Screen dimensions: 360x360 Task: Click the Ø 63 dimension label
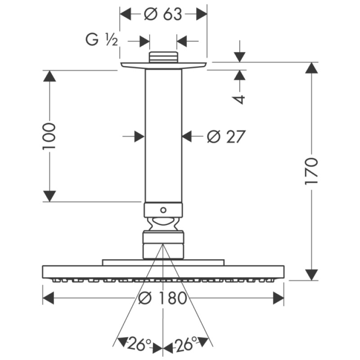click(x=163, y=14)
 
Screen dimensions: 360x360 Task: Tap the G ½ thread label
click(x=102, y=41)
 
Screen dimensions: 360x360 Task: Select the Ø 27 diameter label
click(x=226, y=136)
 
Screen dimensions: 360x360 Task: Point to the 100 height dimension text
click(x=49, y=136)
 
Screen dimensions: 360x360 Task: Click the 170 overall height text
click(x=311, y=171)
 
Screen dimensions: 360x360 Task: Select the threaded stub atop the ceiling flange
click(x=163, y=58)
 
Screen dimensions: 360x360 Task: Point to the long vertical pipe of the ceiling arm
click(x=163, y=135)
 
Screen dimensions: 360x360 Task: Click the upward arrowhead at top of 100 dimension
click(x=49, y=76)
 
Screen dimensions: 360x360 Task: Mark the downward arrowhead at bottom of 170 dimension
click(x=311, y=274)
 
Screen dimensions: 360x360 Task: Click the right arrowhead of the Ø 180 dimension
click(x=278, y=298)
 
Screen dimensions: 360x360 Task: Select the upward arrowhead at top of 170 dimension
click(x=311, y=68)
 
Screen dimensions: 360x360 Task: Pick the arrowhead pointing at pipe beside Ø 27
click(x=188, y=136)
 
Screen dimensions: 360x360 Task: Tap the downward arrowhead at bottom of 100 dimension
click(x=49, y=196)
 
